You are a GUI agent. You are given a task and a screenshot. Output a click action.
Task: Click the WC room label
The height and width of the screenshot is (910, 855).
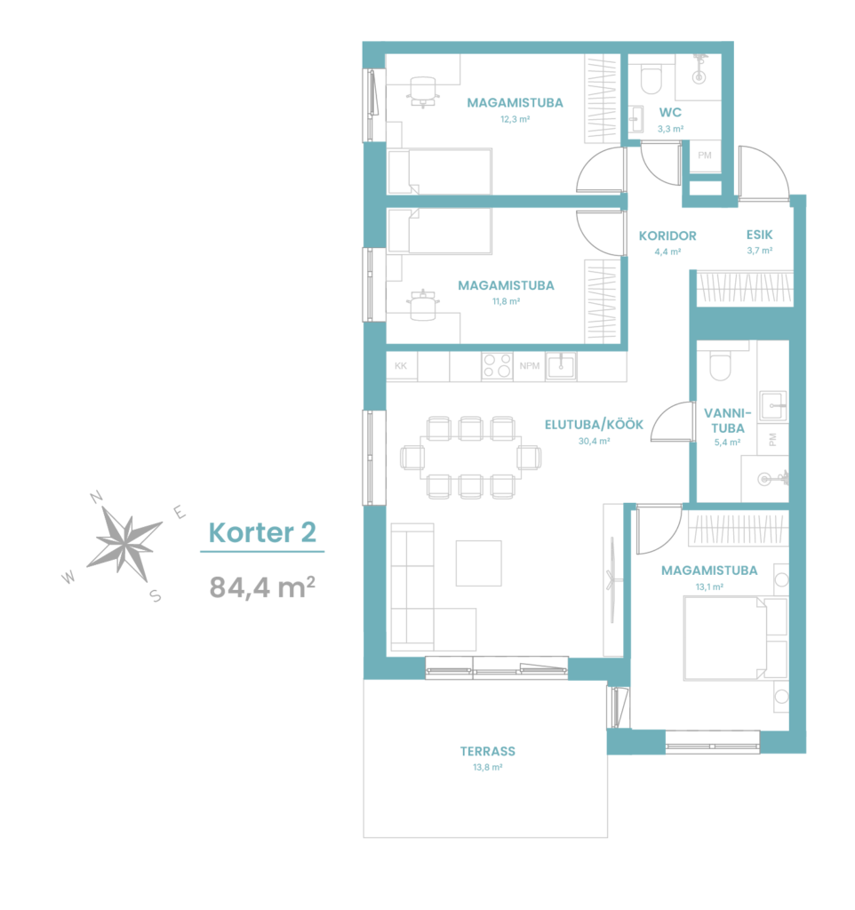(670, 112)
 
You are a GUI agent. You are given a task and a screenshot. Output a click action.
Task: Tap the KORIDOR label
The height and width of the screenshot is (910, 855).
(667, 235)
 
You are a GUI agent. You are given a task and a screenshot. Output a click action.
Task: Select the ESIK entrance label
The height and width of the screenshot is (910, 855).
(759, 235)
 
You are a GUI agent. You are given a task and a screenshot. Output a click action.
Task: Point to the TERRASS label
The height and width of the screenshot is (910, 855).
(488, 751)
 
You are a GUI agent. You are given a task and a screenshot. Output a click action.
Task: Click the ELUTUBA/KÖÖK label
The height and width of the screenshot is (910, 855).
(594, 425)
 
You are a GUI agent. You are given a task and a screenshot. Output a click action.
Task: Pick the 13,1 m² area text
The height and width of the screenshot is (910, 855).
(709, 587)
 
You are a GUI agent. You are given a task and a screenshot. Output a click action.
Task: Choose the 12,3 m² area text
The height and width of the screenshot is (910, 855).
(515, 119)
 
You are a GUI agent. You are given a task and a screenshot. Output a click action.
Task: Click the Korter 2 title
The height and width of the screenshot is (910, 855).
(262, 532)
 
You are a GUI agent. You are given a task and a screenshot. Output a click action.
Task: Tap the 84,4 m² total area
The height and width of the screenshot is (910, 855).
(262, 587)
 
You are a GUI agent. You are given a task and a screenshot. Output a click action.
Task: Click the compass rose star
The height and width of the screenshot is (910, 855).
(124, 544)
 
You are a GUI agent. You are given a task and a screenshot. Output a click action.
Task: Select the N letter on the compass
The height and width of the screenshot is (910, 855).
(96, 497)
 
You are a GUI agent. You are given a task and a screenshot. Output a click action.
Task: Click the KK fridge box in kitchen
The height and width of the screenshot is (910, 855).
(401, 366)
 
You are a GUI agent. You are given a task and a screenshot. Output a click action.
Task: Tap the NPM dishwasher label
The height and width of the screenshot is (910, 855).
(530, 365)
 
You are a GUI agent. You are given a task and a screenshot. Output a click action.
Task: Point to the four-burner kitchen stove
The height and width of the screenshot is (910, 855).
(497, 365)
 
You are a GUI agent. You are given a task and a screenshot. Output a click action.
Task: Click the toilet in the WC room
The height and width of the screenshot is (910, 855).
(651, 79)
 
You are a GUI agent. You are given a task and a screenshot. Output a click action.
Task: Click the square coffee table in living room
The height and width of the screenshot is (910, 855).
(478, 563)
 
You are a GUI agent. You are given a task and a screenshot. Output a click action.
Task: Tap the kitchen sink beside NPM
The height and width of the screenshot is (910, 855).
(562, 366)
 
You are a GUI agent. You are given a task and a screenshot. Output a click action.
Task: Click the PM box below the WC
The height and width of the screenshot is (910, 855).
(705, 156)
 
